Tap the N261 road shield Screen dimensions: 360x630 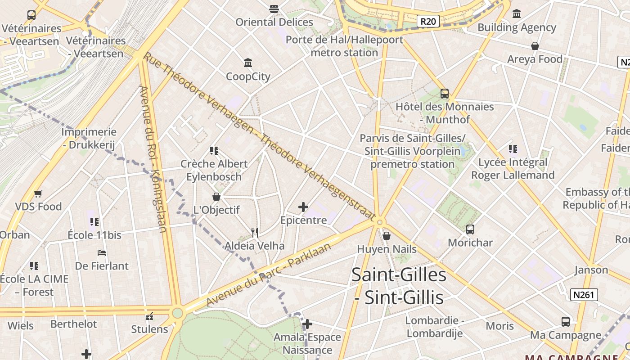(584, 295)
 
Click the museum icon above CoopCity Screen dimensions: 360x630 (247, 63)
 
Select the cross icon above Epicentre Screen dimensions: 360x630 (303, 207)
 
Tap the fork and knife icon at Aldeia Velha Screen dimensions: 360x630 (255, 232)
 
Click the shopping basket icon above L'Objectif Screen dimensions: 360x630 (216, 197)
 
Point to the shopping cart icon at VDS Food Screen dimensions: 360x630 (38, 194)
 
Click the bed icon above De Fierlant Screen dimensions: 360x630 (102, 253)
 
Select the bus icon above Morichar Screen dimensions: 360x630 (470, 229)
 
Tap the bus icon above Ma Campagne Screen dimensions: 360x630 (566, 322)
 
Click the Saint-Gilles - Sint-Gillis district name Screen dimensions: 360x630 (399, 286)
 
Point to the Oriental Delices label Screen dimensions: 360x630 (274, 22)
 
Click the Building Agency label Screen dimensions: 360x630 (517, 27)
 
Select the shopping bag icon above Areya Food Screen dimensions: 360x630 (535, 46)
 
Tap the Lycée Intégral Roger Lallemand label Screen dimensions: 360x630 (513, 169)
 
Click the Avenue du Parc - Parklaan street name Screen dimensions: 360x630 (269, 274)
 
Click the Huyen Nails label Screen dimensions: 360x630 (387, 249)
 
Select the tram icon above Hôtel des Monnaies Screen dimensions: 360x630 (445, 94)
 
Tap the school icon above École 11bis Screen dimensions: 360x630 (94, 222)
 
